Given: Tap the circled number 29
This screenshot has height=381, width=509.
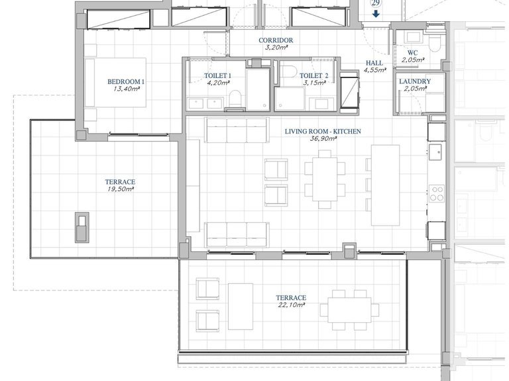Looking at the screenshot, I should tap(376, 3).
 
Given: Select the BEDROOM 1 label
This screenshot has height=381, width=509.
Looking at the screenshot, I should tap(126, 82).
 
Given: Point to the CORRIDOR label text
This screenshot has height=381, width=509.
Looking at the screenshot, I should tap(275, 40).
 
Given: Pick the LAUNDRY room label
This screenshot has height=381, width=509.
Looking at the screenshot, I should tap(415, 81).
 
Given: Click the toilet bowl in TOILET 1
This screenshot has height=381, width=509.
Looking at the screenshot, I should tap(233, 100).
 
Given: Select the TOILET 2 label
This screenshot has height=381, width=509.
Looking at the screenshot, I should tap(313, 75).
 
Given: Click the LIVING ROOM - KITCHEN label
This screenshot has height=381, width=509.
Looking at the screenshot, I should tap(323, 132).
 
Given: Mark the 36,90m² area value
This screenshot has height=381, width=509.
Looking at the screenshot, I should tap(323, 140).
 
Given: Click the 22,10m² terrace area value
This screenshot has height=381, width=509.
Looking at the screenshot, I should tap(292, 306).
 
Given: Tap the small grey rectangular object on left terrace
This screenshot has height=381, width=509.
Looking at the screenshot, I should tap(82, 227).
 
